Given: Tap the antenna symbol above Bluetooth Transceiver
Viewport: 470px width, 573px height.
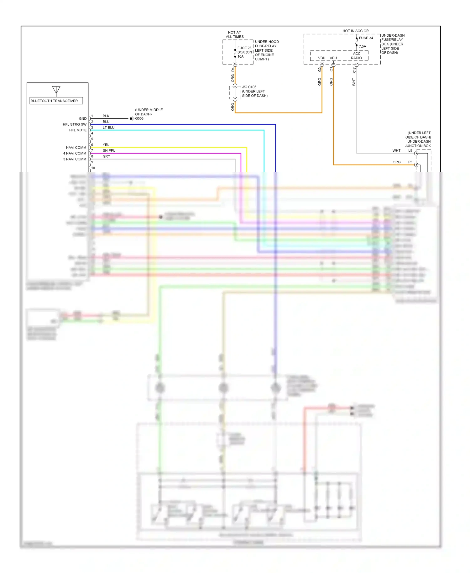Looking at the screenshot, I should coord(56,90).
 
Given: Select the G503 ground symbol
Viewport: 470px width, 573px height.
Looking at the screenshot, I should coord(132,118).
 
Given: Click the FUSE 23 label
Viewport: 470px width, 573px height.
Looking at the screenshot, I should coord(244,48).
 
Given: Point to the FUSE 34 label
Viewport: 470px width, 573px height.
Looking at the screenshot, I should coord(366,38).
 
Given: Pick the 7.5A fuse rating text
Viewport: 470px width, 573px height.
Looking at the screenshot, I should coord(362,46).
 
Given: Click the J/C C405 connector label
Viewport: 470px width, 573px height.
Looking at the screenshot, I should coord(249,87).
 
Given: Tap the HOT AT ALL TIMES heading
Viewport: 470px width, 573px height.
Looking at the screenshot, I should coord(234,34).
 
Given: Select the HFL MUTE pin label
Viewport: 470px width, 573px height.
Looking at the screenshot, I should coord(78,130).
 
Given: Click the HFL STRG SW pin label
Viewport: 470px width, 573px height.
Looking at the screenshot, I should coord(75,124).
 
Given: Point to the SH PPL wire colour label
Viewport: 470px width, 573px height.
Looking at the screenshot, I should coord(109,150).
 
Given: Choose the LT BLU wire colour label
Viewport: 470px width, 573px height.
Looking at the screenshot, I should coord(108,128).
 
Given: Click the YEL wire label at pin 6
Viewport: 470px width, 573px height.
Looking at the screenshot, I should coord(106,145).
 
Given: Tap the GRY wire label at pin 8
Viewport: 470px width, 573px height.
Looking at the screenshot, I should coord(106,156).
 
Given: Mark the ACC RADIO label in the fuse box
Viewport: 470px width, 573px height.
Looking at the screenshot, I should coord(356,56).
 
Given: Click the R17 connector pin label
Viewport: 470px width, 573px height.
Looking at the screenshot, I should coord(354,71).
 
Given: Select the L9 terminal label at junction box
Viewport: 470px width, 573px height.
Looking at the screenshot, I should coord(410,150).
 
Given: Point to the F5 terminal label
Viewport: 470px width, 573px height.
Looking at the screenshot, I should coord(410,162).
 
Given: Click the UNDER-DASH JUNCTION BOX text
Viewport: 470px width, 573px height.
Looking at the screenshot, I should coord(418,144).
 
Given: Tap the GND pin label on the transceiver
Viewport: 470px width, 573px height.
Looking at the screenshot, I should coord(83,118).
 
